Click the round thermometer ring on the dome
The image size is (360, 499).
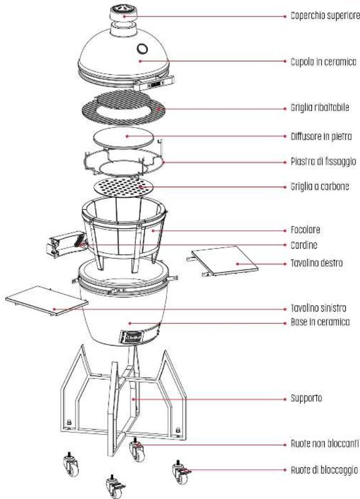(x=144, y=49)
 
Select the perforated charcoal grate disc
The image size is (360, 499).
(x=125, y=187)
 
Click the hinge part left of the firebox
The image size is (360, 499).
(x=64, y=244)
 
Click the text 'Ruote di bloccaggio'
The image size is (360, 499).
(x=326, y=469)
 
